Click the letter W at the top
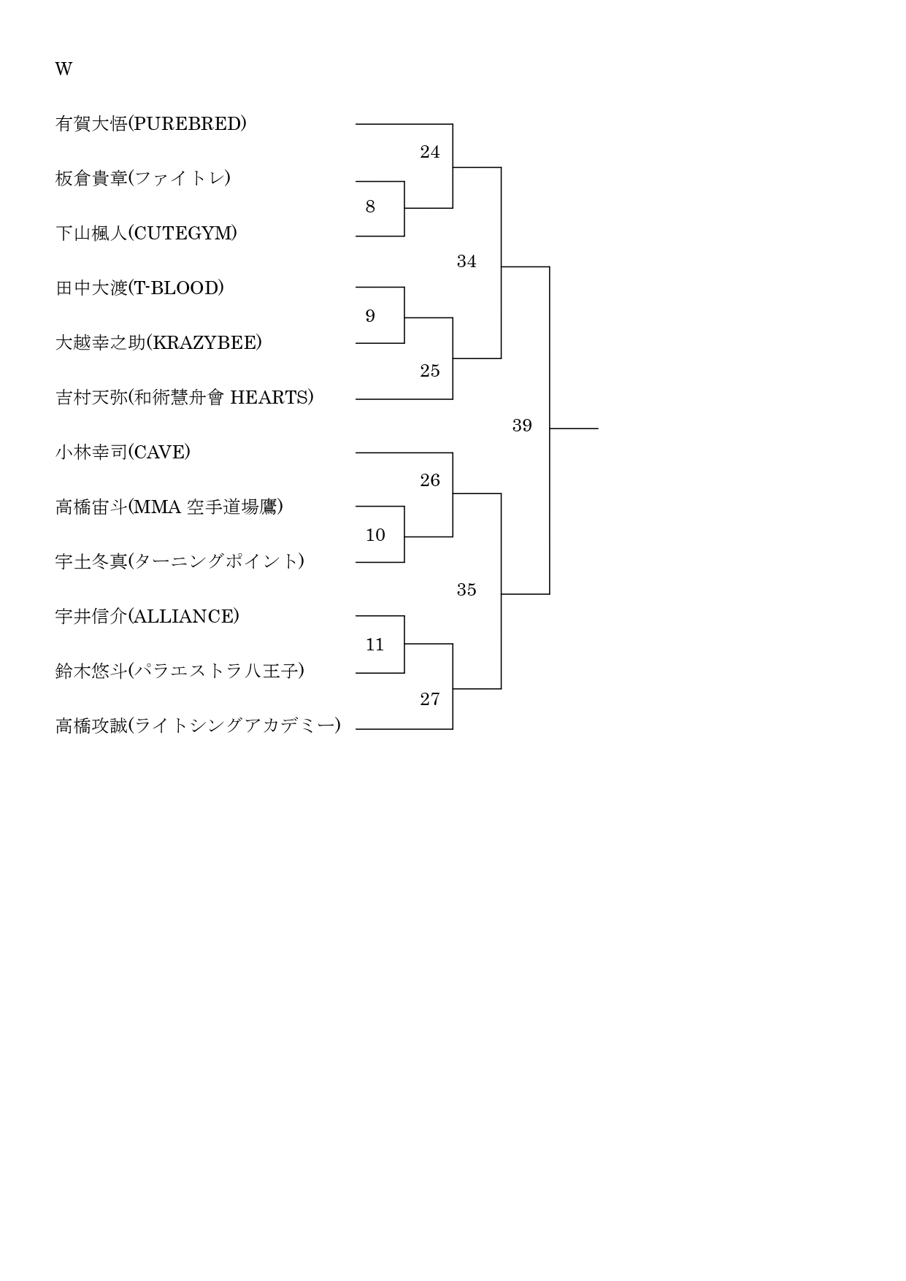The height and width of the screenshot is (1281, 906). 64,69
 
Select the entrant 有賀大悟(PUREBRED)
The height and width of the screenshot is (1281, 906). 151,123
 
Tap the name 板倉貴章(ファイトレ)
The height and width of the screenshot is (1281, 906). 143,178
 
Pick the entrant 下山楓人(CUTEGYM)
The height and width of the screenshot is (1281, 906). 146,233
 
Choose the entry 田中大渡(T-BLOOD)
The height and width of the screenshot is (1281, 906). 139,288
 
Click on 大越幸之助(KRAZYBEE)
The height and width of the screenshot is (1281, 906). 158,342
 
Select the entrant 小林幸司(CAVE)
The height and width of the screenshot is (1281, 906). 123,452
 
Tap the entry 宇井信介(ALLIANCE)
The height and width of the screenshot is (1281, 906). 147,616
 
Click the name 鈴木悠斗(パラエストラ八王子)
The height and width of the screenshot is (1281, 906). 180,671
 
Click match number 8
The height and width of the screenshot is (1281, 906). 370,207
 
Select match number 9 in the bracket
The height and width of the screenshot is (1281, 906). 370,316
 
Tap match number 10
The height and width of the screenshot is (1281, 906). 375,535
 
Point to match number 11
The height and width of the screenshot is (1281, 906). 375,645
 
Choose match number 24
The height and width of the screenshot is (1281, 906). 430,152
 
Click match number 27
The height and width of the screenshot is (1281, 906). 430,699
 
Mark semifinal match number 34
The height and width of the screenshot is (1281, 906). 467,261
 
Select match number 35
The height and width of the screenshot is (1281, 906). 467,590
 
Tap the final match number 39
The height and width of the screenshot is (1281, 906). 522,426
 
